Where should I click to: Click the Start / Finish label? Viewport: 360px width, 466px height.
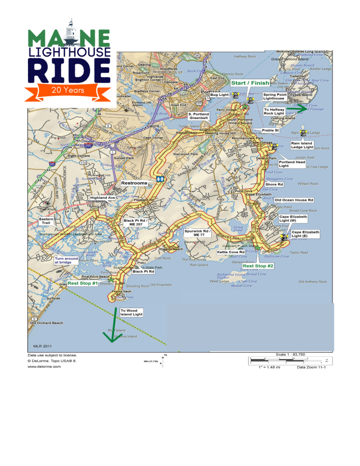pos(250,83)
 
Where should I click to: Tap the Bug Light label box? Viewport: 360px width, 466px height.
pos(219,95)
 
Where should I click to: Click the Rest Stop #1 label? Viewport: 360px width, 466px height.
pos(82,283)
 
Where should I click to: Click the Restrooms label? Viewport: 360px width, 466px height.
pos(134,183)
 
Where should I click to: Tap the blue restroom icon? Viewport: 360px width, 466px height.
pos(160,179)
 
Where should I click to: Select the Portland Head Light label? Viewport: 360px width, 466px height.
pos(292,164)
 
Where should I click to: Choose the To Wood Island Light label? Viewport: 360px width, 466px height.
pos(131,312)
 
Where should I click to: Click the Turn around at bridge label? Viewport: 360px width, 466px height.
pos(66,260)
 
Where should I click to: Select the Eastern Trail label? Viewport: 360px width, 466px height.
pos(47,221)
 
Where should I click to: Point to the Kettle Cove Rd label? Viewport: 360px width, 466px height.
pos(231,252)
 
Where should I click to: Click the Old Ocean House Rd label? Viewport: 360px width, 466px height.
pos(294,200)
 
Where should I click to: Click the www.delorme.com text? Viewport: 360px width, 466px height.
pos(44,366)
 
